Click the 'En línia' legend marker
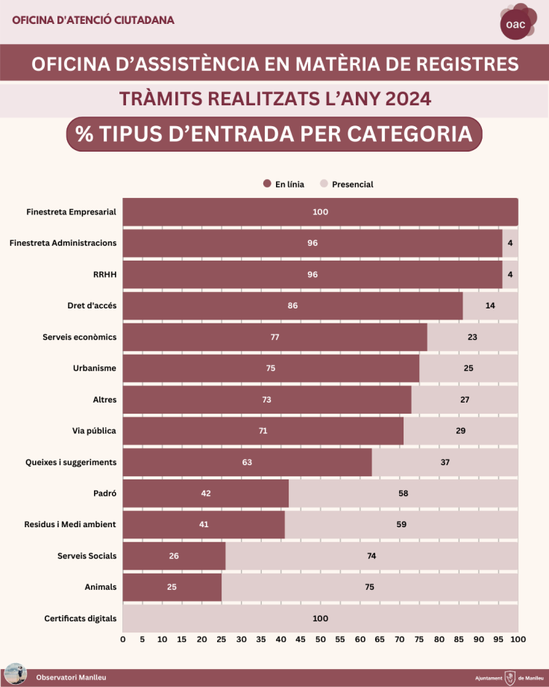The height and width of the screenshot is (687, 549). coord(266,184)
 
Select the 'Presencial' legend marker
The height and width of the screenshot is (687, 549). coord(324,184)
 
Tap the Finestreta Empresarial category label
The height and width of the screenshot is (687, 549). coord(71,212)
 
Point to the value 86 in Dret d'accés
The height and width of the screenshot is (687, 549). coord(292,306)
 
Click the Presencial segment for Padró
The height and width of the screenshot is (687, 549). coord(403,494)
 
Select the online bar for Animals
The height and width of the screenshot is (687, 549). coord(172,588)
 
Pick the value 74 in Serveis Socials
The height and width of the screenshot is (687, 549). coord(370,556)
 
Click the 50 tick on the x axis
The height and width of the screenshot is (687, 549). coord(320,640)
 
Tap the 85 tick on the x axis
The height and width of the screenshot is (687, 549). coord(459,640)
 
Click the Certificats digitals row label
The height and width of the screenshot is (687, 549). coord(81,619)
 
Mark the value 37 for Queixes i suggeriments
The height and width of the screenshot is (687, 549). coord(445,462)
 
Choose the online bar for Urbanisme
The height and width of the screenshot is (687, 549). coord(271,368)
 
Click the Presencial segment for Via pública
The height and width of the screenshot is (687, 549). coord(460,431)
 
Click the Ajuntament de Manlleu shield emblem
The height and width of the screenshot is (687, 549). coord(510,677)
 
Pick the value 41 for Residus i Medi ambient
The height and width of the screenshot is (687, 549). coord(204,525)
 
